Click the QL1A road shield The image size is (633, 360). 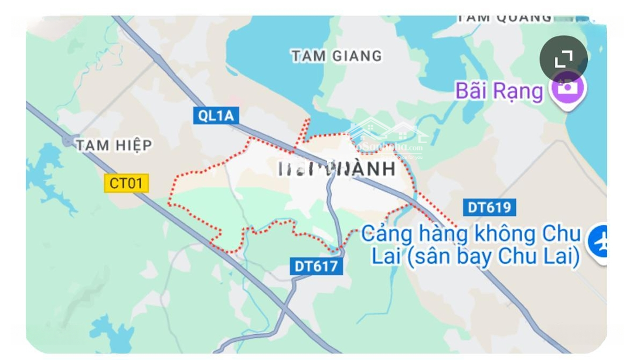215,116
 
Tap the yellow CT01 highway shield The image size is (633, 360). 127,183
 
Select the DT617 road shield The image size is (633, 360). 316,266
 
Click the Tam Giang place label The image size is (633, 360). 336,56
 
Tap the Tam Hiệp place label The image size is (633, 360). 114,145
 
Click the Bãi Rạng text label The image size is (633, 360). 499,91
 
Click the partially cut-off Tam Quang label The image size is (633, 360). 504,18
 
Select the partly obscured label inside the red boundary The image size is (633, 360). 336,169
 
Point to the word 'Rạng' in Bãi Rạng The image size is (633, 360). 518,91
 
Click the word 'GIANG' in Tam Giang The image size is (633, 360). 357,56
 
